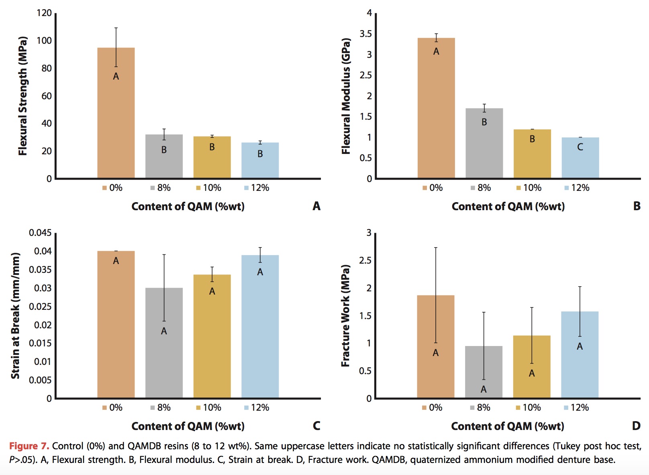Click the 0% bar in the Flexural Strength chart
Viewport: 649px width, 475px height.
tap(116, 121)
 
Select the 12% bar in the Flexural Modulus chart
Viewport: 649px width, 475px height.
tap(580, 161)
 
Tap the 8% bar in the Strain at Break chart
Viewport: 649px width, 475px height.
tap(164, 354)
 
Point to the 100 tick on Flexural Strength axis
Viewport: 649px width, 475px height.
tap(44, 41)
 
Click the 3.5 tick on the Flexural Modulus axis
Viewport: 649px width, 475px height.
tap(365, 34)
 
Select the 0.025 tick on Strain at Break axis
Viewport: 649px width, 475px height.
tap(40, 307)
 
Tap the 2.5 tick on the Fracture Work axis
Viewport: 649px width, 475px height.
tap(365, 260)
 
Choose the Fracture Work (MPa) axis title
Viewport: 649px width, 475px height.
tap(345, 315)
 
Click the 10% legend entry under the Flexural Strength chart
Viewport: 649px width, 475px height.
tap(208, 188)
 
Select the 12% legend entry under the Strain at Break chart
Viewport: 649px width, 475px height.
tap(257, 407)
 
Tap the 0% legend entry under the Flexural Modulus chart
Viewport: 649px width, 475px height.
tap(433, 188)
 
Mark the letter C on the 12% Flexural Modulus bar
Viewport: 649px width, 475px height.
tap(580, 147)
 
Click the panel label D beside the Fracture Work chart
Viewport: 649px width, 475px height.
tap(636, 426)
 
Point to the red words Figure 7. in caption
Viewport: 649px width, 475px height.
tap(29, 446)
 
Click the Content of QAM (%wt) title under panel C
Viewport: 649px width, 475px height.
tap(188, 426)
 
